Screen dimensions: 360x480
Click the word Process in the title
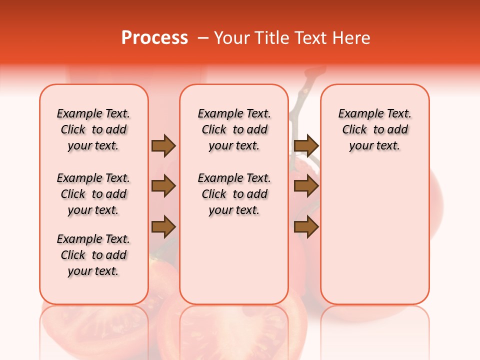click(154, 37)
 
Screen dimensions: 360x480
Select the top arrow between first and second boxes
click(163, 145)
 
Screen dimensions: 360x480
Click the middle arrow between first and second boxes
click(163, 186)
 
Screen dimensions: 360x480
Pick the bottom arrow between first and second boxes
click(163, 227)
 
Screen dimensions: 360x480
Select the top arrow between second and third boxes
click(306, 145)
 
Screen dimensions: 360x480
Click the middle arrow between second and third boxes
click(306, 186)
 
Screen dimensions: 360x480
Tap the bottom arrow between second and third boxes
click(306, 227)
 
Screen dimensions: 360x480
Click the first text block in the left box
click(93, 129)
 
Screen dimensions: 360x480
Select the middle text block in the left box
click(93, 194)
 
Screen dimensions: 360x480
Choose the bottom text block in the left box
click(93, 255)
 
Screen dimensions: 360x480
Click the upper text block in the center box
click(234, 129)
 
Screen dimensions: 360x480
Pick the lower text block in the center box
click(234, 194)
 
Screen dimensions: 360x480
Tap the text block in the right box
click(375, 129)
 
